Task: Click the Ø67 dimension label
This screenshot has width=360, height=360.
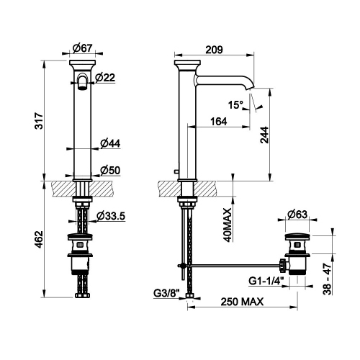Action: pos(83,48)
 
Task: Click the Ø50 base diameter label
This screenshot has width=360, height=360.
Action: pos(109,170)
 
